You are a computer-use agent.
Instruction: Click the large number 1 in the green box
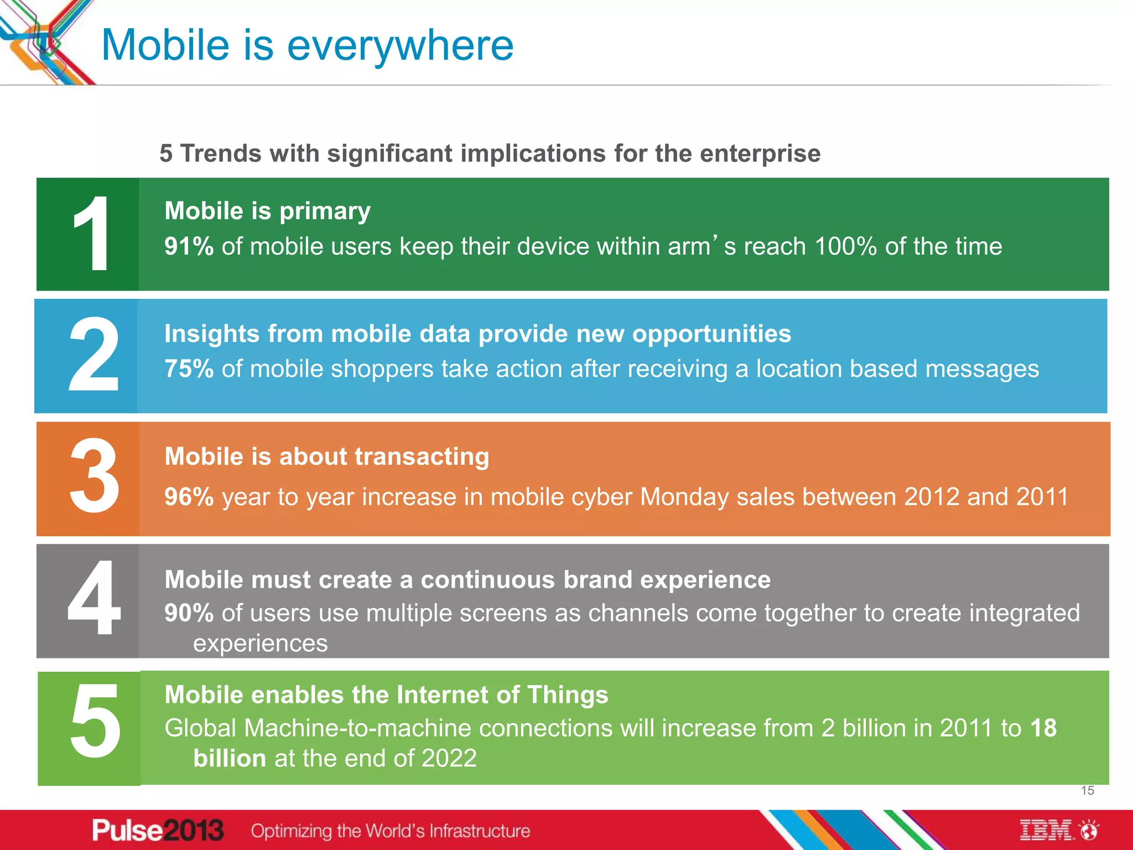click(91, 234)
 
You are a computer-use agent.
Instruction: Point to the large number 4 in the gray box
click(94, 599)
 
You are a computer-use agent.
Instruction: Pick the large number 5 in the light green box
click(95, 722)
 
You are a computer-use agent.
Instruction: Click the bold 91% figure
click(189, 247)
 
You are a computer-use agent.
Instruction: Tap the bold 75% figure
click(189, 369)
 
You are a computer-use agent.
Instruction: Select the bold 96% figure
click(189, 497)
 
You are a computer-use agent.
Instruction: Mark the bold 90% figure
click(189, 613)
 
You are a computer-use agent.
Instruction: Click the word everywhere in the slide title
click(400, 45)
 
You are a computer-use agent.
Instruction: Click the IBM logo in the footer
click(1047, 831)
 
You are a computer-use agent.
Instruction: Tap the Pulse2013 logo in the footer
click(158, 831)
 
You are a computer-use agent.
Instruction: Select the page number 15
click(1087, 791)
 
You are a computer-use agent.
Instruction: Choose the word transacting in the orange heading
click(422, 457)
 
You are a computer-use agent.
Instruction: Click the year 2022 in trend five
click(449, 759)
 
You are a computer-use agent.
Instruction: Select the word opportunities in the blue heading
click(711, 334)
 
